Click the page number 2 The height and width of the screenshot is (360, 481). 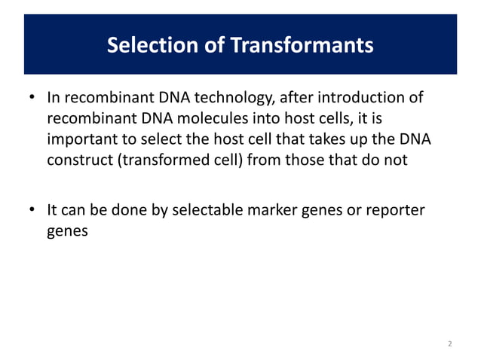449,343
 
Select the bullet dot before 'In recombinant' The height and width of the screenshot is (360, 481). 32,99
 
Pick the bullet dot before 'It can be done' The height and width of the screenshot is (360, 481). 32,212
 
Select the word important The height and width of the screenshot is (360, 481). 80,139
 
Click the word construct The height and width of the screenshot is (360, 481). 78,160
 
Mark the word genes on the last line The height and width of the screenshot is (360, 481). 67,232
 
